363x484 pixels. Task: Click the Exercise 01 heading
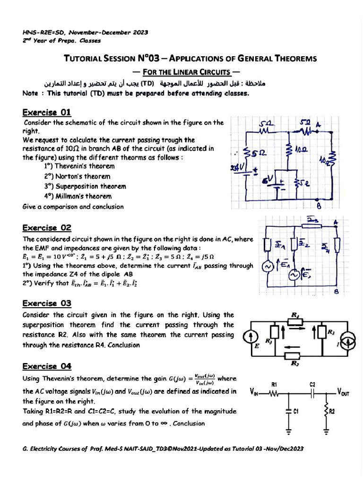click(x=47, y=112)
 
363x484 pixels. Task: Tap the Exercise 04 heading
click(x=47, y=366)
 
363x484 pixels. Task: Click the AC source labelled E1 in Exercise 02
click(x=268, y=267)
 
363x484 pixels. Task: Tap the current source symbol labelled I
click(x=347, y=337)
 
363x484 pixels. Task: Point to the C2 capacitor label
click(x=312, y=384)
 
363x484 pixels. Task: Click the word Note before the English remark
click(x=30, y=93)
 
